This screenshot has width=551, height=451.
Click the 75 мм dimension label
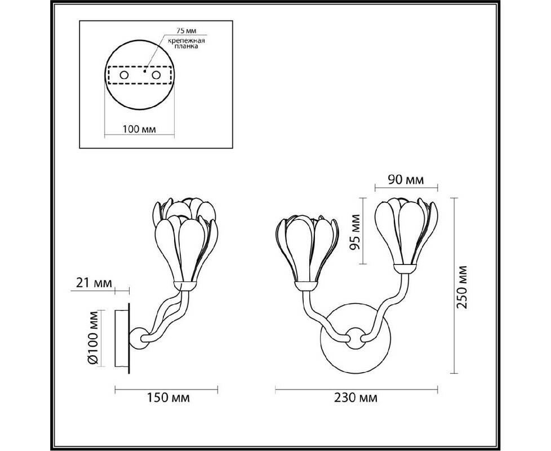(186, 31)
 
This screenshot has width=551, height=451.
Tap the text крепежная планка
(186, 43)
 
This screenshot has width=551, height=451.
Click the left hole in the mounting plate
(124, 75)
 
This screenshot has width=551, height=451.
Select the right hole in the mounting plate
(156, 75)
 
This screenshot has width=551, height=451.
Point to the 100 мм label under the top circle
(139, 129)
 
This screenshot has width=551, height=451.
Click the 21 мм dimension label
(94, 282)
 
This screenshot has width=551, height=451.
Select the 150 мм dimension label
(168, 397)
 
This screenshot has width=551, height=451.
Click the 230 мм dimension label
(356, 397)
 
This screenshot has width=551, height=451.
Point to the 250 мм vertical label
(462, 287)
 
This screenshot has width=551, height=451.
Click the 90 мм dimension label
(406, 180)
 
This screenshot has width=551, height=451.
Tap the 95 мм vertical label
(356, 232)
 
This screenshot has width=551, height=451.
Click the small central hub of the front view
(355, 338)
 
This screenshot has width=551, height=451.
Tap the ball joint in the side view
(139, 338)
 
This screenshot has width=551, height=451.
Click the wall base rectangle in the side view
(122, 338)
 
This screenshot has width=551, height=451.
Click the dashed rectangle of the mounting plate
(140, 75)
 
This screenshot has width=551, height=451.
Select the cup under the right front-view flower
(405, 269)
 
